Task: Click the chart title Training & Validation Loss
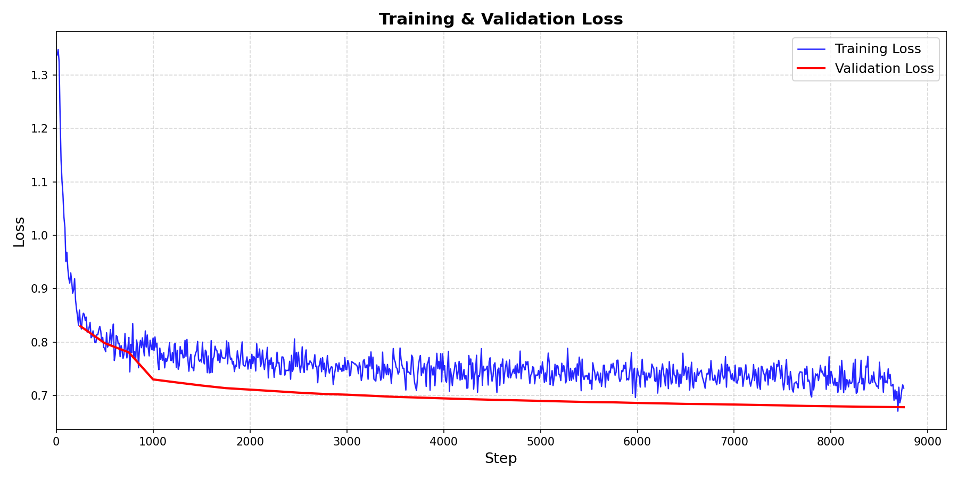(500, 19)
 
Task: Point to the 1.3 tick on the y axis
(39, 76)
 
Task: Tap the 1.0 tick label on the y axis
(39, 236)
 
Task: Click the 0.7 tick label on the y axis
(39, 396)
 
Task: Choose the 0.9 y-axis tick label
(39, 289)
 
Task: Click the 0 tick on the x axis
(56, 441)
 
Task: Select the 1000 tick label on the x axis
(153, 441)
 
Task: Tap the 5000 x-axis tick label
(540, 441)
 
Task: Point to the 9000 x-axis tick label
(928, 441)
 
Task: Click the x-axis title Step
(500, 459)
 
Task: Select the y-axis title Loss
(20, 232)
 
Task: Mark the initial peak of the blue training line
(57, 49)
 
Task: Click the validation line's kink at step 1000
(153, 379)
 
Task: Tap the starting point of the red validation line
(80, 326)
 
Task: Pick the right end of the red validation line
(904, 407)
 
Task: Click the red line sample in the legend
(811, 69)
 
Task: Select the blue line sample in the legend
(811, 49)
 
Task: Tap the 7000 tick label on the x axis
(734, 441)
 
